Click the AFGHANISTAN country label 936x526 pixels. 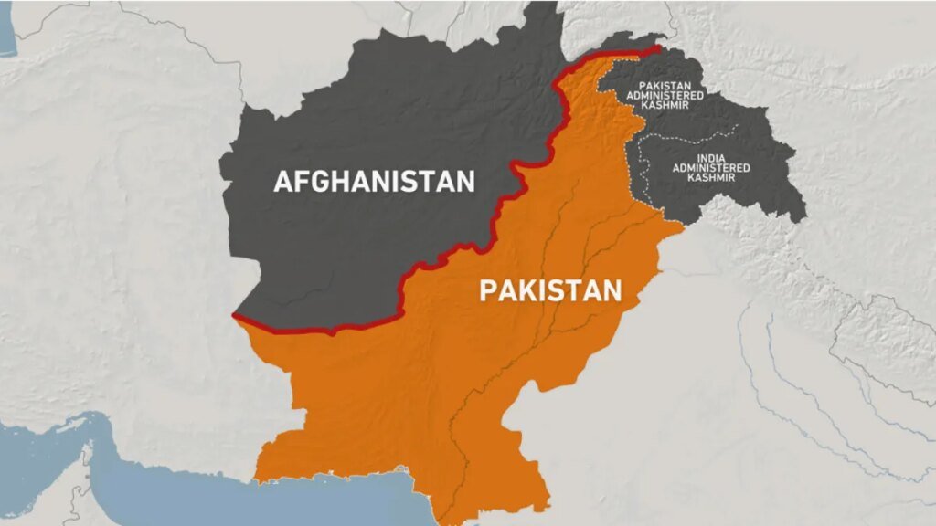coord(375,181)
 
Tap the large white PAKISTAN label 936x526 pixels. coord(551,291)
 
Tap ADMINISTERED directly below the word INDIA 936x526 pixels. coord(711,168)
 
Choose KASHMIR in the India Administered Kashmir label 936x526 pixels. coord(711,177)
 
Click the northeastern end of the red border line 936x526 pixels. coord(660,47)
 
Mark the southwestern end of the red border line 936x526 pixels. coord(234,316)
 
